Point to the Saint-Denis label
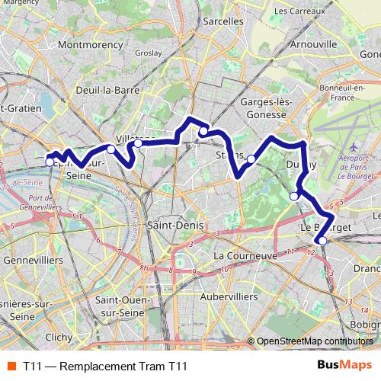click(172, 226)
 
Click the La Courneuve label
click(245, 256)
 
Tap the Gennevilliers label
click(33, 260)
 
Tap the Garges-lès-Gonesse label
click(263, 108)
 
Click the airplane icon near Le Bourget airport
click(352, 145)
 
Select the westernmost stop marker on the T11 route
click(50, 162)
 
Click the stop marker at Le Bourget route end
click(322, 241)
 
